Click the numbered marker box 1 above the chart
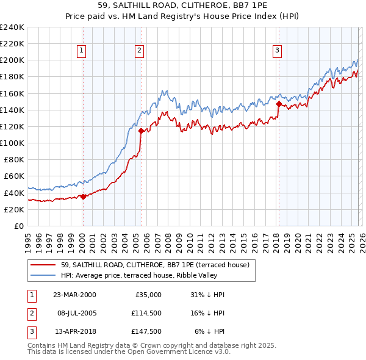(82, 51)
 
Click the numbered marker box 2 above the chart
(140, 51)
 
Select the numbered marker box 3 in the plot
(277, 51)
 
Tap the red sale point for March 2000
(83, 196)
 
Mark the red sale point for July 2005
(141, 131)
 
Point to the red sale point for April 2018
(279, 104)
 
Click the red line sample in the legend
(43, 265)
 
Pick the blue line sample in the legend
(43, 275)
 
